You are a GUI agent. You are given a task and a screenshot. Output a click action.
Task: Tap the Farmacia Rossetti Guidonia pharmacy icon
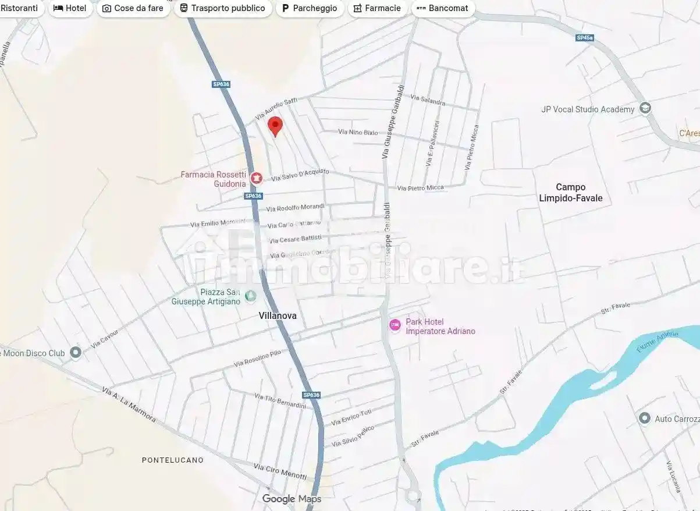(x=256, y=178)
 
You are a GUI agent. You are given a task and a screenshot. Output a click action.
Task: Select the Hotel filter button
(x=70, y=8)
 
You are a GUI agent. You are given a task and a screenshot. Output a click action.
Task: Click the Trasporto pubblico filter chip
(x=222, y=8)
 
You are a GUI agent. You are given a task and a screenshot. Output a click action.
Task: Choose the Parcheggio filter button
(x=309, y=8)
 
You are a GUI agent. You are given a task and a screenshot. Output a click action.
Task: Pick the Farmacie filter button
(x=377, y=8)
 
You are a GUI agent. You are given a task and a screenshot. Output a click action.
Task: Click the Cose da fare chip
(x=133, y=8)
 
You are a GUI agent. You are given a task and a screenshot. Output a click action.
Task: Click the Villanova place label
(x=278, y=315)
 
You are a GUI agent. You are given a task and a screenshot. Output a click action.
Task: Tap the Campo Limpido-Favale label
(x=571, y=193)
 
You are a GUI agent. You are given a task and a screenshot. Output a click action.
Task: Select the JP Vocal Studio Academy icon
(x=645, y=108)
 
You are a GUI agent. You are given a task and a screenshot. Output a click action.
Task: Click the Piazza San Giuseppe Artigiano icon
(x=251, y=296)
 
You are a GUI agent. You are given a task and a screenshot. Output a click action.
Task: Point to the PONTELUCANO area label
(x=173, y=460)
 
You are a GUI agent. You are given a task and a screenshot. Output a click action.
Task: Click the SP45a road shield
(x=584, y=38)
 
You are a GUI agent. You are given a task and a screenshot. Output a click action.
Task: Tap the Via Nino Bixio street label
(x=358, y=132)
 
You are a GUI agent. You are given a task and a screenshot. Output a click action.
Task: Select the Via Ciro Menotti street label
(x=280, y=471)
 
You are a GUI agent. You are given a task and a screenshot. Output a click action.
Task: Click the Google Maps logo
(x=292, y=499)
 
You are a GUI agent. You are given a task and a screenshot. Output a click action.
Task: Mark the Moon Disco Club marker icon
(x=75, y=352)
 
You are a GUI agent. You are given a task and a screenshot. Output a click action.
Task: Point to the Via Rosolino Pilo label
(x=257, y=359)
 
